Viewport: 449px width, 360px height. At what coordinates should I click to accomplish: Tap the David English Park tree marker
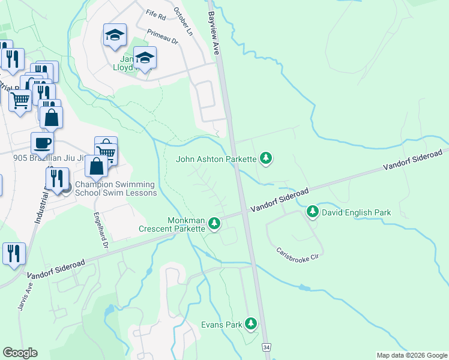pos(313,212)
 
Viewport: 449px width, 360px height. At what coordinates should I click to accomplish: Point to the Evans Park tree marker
pos(251,325)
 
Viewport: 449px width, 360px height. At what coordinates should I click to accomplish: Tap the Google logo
pos(20,352)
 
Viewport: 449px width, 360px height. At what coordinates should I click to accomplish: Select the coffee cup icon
pos(42,143)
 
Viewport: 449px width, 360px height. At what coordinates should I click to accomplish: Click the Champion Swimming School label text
pos(115,188)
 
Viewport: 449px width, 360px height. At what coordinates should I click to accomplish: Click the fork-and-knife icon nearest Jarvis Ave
pos(14,253)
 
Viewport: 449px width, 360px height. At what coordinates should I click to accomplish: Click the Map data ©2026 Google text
pos(411,355)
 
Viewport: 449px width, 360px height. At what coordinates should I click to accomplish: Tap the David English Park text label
pos(356,212)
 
